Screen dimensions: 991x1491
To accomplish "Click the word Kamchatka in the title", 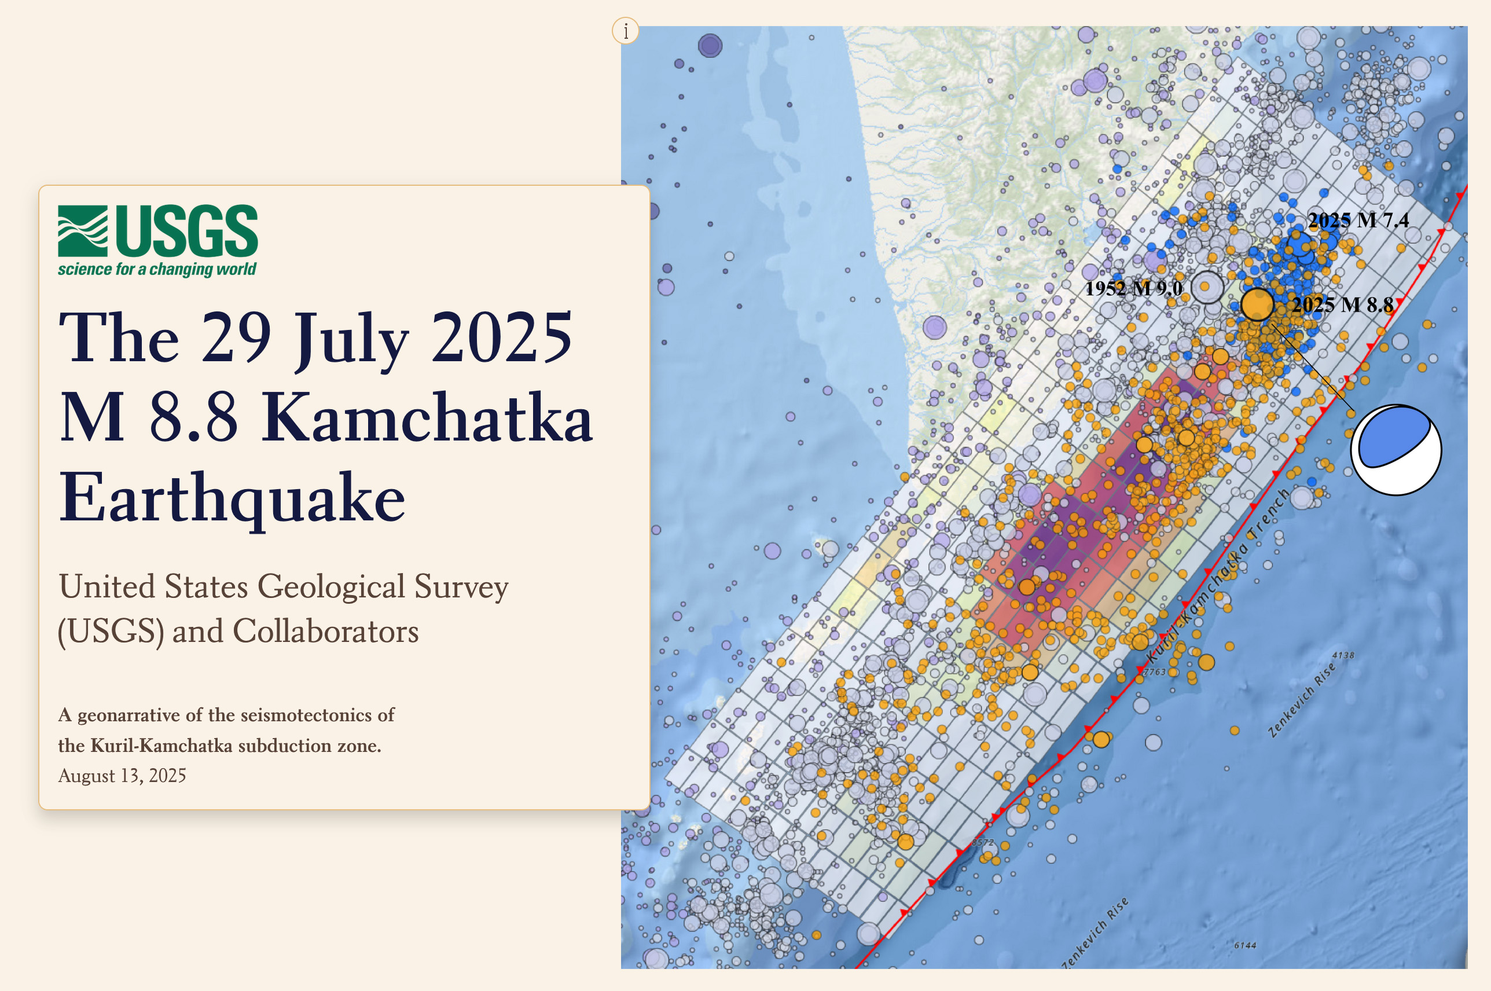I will click(x=427, y=418).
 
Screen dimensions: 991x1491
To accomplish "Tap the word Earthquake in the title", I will click(x=232, y=498).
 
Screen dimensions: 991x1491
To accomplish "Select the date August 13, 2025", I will click(x=122, y=776).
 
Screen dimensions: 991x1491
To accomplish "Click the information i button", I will click(x=626, y=30).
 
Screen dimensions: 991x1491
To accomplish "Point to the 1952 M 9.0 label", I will click(x=1133, y=288).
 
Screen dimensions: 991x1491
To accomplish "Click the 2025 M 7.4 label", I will click(x=1358, y=220).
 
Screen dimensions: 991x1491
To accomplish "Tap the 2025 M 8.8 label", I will click(x=1342, y=304).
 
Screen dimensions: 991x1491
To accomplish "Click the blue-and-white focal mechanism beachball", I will click(x=1395, y=449).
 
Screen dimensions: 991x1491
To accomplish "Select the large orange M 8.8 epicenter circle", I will click(x=1257, y=304).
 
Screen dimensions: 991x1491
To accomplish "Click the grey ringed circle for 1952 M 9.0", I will click(x=1206, y=287).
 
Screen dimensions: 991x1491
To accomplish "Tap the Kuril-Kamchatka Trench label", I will click(x=1216, y=575).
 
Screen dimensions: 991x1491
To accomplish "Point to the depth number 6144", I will click(x=1244, y=945).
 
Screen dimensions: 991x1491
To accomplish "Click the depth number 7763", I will click(x=1154, y=672).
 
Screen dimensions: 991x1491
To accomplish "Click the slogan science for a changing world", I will click(x=157, y=269).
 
